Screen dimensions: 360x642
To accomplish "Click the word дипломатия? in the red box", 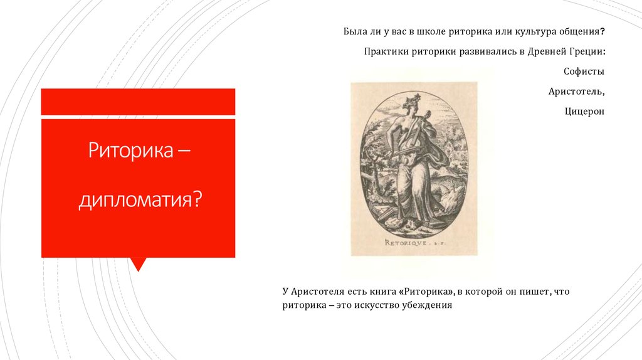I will [x=140, y=201].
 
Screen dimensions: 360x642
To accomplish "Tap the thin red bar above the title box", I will [x=138, y=102].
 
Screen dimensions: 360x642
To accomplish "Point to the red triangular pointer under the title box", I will [x=138, y=263].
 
